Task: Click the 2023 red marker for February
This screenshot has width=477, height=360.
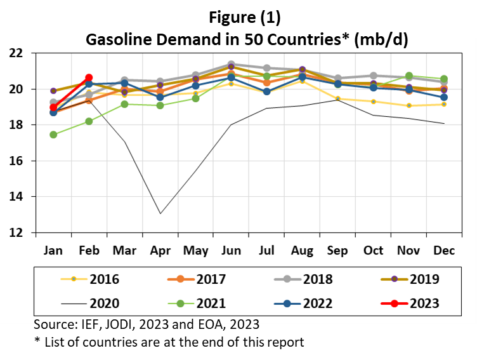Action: point(89,77)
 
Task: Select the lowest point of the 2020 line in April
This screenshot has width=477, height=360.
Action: point(160,213)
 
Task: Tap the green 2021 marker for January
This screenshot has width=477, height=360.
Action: point(53,135)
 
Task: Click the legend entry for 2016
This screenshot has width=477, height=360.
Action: point(92,279)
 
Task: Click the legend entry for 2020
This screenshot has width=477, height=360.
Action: point(92,303)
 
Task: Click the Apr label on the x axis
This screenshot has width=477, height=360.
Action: point(160,251)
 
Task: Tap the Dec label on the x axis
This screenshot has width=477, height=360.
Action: point(444,251)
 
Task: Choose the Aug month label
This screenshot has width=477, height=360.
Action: point(302,251)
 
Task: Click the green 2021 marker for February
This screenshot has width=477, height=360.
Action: point(89,121)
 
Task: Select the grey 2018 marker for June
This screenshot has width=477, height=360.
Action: point(231,64)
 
